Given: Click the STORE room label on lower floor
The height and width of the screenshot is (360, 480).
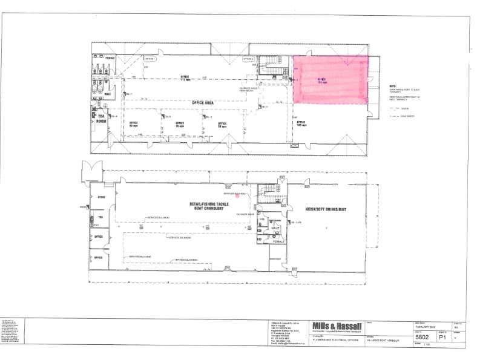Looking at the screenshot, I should [101, 197].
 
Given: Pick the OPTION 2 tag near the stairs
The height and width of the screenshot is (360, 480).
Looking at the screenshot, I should [248, 59].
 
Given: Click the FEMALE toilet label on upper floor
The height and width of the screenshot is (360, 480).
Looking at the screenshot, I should [110, 57].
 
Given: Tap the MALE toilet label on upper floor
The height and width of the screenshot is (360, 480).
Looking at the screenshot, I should [108, 94].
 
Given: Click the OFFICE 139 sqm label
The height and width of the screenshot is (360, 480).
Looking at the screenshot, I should [301, 123].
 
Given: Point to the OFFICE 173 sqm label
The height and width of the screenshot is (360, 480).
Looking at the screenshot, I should [185, 77].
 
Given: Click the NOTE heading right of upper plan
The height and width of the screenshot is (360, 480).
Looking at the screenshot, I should [392, 86].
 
